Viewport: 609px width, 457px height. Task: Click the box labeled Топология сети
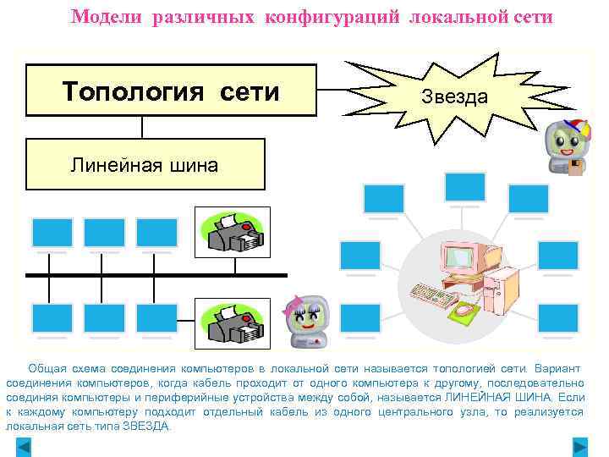tap(171, 90)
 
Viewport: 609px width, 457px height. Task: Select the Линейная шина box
tap(145, 164)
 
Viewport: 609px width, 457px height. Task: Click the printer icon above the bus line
tap(233, 232)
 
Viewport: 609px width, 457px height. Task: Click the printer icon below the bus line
tap(233, 323)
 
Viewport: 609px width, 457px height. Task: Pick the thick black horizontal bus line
tap(156, 275)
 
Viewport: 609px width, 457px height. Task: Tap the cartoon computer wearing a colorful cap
tap(563, 146)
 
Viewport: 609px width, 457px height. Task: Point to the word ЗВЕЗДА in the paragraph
tap(145, 427)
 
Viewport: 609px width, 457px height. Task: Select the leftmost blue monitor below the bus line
tap(52, 318)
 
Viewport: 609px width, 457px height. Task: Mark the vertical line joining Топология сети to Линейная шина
tap(143, 127)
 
